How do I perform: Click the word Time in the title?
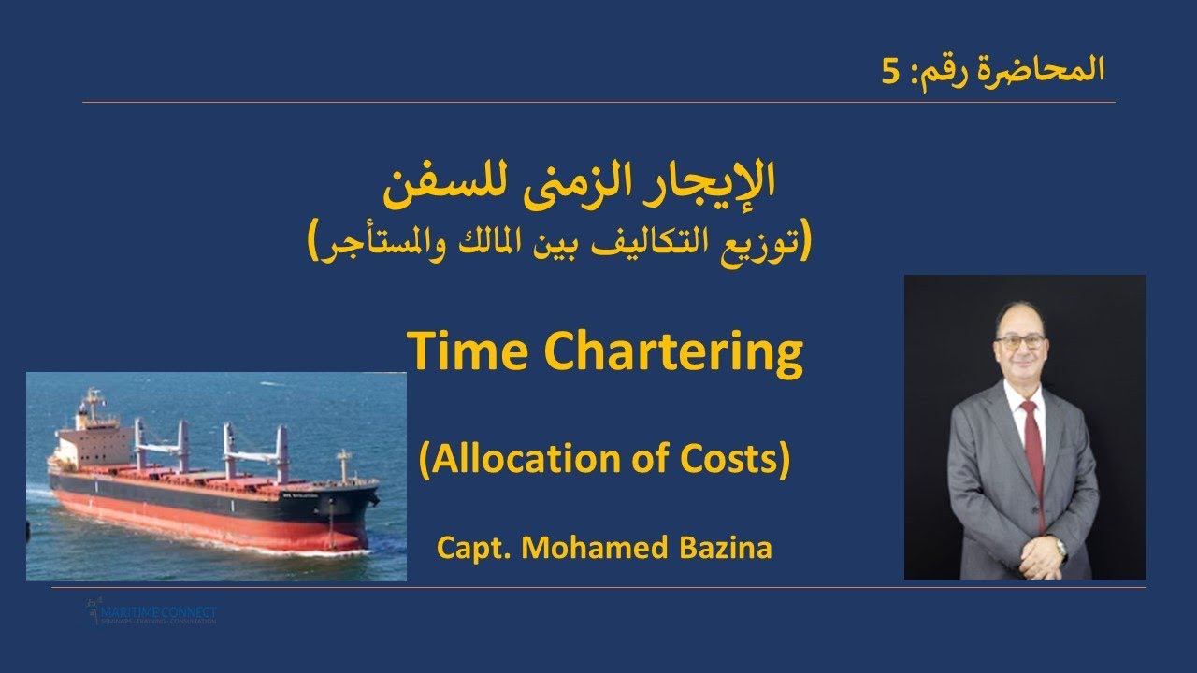click(453, 352)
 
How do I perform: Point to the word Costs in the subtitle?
click(726, 460)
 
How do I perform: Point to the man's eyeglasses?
click(1020, 341)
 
